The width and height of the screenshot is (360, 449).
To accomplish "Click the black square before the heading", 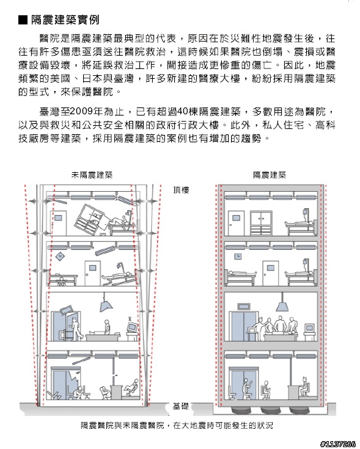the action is coord(23,20).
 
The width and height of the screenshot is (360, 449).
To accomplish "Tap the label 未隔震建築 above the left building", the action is coord(92,175).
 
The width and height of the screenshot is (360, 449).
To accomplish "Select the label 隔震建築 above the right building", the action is coord(270,175).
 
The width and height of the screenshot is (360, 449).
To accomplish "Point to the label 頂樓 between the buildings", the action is coord(181,190).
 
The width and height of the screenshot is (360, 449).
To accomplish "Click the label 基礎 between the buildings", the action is coord(181,406).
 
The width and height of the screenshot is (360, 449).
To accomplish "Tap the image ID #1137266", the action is coord(338,444).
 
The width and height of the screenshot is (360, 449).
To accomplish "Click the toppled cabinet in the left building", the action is coord(91,220).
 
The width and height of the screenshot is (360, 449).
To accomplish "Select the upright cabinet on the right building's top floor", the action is coord(261,223).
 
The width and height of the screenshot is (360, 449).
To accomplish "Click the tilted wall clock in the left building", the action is coord(60,257).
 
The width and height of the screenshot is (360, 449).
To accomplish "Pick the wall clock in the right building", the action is coord(238,257).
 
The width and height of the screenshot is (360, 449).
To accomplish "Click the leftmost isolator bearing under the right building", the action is coord(240,410).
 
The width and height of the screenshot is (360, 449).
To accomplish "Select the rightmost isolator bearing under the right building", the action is coord(299,410).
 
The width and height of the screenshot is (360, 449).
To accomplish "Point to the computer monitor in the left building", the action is coord(132,327).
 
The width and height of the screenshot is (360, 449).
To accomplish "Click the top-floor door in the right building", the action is coord(237,223).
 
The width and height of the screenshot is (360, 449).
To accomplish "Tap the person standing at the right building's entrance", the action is coord(246,389).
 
